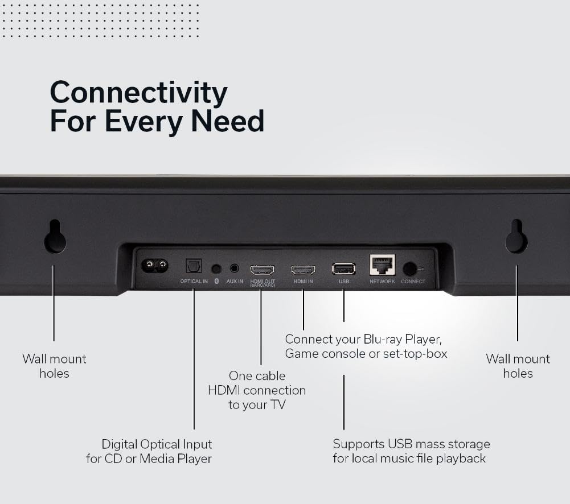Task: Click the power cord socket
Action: pos(155,265)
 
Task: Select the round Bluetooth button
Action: pos(216,268)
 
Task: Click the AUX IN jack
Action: pos(235,268)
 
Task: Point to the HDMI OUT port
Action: pos(262,270)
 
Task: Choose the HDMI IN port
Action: pos(303,270)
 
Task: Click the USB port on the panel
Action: pos(343,268)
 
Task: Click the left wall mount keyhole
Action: pos(55,238)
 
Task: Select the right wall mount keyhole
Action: pos(516,238)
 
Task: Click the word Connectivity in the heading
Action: pos(138,93)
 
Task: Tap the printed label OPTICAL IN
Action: pos(194,282)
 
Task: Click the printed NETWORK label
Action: pos(382,282)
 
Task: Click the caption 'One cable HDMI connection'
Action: pos(257,383)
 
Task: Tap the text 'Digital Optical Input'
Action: pos(157,444)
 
